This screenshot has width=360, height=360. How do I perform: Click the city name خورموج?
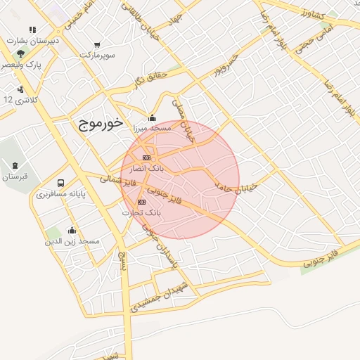point(97,124)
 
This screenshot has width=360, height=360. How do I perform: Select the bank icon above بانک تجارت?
point(142,202)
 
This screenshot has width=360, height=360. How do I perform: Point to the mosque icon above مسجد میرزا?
point(152,117)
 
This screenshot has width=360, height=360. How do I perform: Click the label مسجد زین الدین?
point(73,241)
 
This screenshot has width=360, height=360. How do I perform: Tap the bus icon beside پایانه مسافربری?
point(60,183)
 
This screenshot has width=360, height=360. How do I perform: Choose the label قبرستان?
point(14,176)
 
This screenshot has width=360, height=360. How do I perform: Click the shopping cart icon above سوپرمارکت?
point(96,44)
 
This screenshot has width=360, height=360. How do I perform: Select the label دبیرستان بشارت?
point(34,41)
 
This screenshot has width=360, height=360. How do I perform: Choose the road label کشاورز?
point(310,15)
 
